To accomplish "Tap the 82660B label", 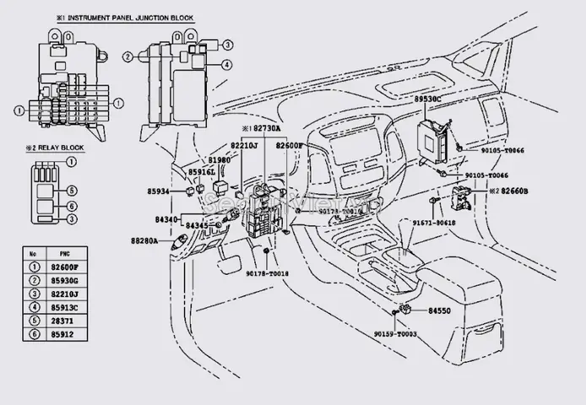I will (511, 192).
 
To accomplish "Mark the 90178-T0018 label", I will (267, 274).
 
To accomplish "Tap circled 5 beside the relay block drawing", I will (73, 190).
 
